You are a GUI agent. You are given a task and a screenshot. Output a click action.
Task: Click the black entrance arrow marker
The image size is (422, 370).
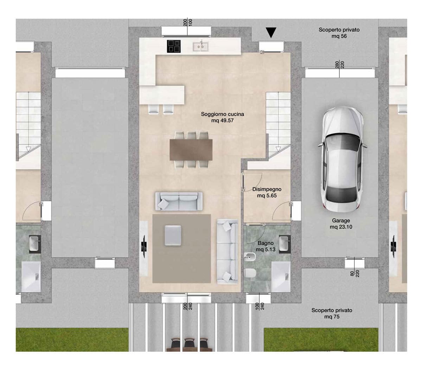tap(271, 33)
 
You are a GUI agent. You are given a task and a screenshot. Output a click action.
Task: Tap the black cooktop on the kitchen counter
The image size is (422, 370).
tap(174, 46)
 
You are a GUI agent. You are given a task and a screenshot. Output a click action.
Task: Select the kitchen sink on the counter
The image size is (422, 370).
tap(200, 47)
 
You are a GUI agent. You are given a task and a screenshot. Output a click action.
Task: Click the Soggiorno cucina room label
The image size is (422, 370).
tap(222, 117)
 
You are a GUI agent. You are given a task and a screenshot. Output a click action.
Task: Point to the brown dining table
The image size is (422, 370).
tap(191, 150)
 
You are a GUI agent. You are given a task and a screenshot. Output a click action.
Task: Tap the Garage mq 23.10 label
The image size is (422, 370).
tap(341, 223)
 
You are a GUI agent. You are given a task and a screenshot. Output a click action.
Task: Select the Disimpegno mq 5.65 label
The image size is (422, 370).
tap(267, 192)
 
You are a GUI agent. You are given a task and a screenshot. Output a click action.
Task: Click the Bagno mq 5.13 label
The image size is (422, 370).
tap(266, 246)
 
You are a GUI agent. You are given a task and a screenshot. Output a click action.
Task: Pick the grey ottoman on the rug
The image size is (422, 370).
tap(173, 235)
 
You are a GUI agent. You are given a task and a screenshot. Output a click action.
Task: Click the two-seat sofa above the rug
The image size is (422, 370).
tap(179, 201)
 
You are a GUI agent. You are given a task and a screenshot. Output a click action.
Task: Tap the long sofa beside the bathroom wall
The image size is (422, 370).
tap(228, 251)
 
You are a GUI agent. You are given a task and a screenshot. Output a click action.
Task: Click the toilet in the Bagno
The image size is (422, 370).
tap(250, 273)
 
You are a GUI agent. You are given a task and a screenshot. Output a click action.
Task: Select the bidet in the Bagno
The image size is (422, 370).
tap(250, 257)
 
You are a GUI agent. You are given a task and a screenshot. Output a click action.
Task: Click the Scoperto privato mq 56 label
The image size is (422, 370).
tap(339, 33)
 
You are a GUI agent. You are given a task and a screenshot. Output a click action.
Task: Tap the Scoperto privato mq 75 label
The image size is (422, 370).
tap(332, 313)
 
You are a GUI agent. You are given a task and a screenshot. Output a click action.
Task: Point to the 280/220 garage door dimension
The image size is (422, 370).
tap(339, 64)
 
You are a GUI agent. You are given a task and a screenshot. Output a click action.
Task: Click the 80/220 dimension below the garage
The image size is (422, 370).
tap(355, 273)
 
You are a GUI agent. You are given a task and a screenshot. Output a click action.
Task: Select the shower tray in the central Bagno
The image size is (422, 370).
tap(281, 276)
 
